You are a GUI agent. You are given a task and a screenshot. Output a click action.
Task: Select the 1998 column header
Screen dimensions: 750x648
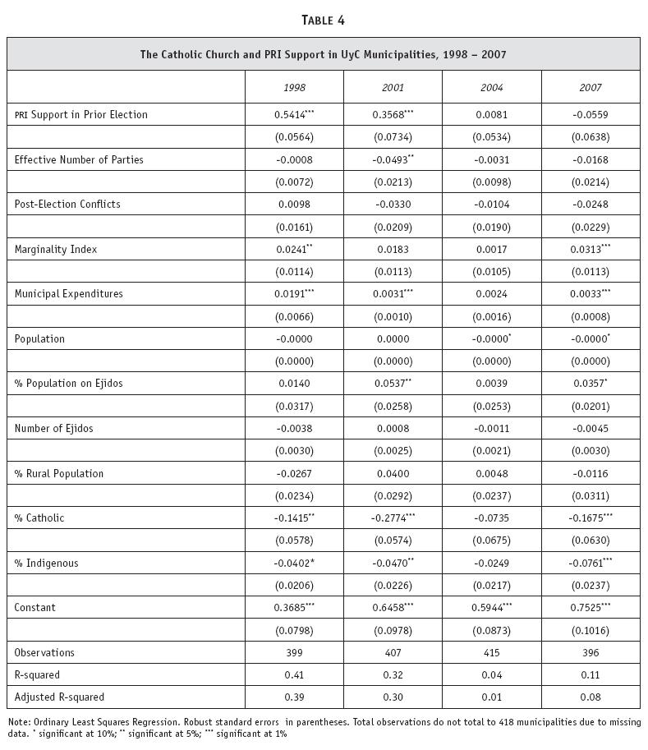[x=294, y=87]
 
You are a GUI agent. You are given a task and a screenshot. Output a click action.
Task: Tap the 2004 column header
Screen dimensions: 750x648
[x=491, y=87]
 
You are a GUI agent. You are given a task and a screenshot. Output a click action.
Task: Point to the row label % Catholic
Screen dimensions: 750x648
[x=39, y=518]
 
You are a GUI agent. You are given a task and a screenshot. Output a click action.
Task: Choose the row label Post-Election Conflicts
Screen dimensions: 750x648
[x=67, y=204]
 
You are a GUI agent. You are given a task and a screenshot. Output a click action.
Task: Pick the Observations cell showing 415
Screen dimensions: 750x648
[x=491, y=653]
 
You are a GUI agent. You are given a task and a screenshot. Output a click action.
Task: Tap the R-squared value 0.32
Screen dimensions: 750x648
[x=393, y=675]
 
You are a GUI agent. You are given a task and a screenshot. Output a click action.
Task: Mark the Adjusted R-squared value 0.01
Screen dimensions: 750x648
[x=491, y=697]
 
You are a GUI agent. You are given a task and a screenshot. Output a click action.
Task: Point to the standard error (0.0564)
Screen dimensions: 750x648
[x=294, y=137]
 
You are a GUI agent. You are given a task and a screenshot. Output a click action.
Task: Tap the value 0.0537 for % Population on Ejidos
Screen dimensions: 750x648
[x=388, y=384]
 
